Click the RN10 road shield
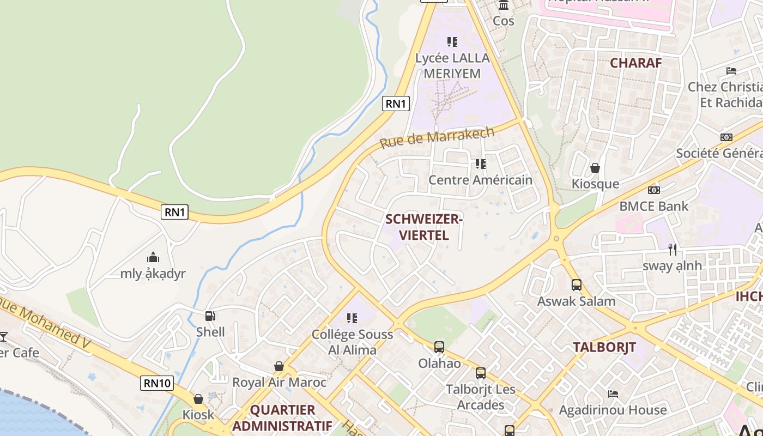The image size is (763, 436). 158,383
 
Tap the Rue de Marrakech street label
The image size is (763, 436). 437,137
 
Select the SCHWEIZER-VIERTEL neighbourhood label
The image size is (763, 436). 424,227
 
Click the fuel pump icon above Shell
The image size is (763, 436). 210,316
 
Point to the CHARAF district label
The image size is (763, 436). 635,63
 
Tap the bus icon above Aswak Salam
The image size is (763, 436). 576,285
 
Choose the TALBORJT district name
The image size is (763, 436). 604,347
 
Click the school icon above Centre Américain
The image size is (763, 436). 480,163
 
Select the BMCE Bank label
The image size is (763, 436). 654,207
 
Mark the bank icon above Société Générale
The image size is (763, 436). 726,137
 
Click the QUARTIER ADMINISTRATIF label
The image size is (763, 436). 282,417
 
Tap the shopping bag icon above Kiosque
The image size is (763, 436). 595,168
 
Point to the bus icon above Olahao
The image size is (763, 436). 439,347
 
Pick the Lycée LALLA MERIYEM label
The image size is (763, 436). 452,65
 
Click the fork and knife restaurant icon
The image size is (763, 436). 673,250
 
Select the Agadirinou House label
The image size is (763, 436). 613,410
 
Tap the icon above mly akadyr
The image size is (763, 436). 153,257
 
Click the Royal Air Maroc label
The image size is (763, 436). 279,382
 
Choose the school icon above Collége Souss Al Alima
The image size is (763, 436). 352,318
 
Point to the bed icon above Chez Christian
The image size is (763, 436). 731,71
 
